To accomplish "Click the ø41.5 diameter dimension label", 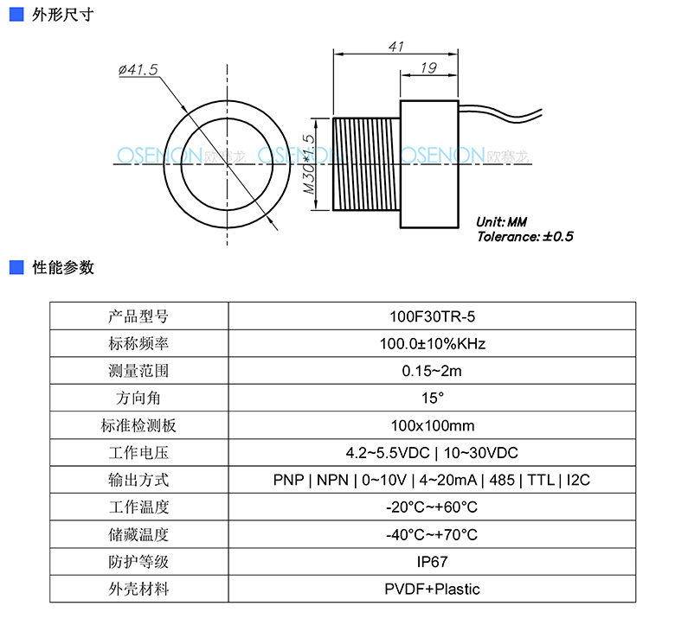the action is pyautogui.click(x=138, y=69).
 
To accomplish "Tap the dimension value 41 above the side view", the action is pyautogui.click(x=396, y=47).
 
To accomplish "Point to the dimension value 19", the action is pyautogui.click(x=428, y=67).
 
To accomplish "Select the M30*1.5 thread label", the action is pyautogui.click(x=309, y=164).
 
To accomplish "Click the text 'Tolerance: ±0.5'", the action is pyautogui.click(x=524, y=237).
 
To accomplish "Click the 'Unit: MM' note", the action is pyautogui.click(x=502, y=222).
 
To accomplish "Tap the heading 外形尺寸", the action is pyautogui.click(x=63, y=15).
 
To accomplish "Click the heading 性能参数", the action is pyautogui.click(x=63, y=268).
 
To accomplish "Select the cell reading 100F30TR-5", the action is pyautogui.click(x=432, y=316).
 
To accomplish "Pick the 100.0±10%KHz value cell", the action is pyautogui.click(x=432, y=344).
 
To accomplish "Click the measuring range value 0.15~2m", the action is pyautogui.click(x=432, y=371).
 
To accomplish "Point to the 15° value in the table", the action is pyautogui.click(x=432, y=398).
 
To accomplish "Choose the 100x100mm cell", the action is pyautogui.click(x=432, y=425).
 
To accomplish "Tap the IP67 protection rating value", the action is pyautogui.click(x=432, y=562).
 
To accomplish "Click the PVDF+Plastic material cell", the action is pyautogui.click(x=432, y=589).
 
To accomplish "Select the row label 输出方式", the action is pyautogui.click(x=138, y=480).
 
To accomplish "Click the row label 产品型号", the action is pyautogui.click(x=138, y=316).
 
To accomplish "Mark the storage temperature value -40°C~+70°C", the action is pyautogui.click(x=432, y=535).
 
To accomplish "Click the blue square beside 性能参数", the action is pyautogui.click(x=16, y=267).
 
